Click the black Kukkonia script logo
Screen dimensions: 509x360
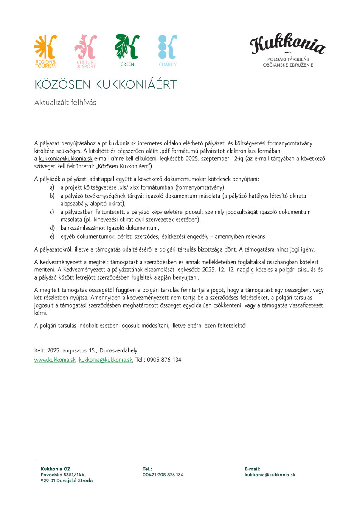pyautogui.click(x=287, y=45)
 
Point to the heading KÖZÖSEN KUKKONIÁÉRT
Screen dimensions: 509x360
pyautogui.click(x=105, y=84)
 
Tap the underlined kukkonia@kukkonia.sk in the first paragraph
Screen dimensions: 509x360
pyautogui.click(x=65, y=158)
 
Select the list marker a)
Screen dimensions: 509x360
pyautogui.click(x=52, y=187)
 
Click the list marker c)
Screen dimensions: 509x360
pyautogui.click(x=52, y=211)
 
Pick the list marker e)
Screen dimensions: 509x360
pyautogui.click(x=52, y=236)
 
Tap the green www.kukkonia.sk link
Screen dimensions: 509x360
pyautogui.click(x=55, y=359)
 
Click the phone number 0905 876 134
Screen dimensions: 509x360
pyautogui.click(x=164, y=359)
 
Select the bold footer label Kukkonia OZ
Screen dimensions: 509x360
pyautogui.click(x=56, y=469)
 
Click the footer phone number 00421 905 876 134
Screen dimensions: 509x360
pyautogui.click(x=163, y=475)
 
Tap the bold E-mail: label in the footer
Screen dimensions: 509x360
pyautogui.click(x=252, y=469)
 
